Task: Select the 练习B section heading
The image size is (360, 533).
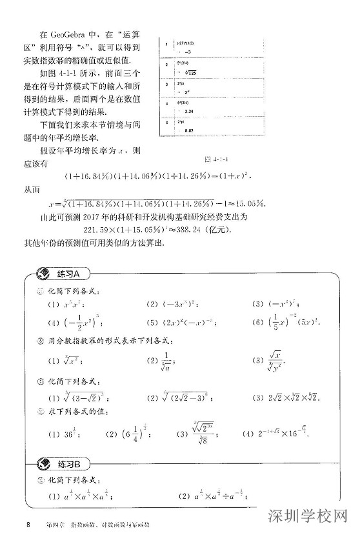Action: pyautogui.click(x=69, y=463)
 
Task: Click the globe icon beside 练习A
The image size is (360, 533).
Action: pyautogui.click(x=45, y=273)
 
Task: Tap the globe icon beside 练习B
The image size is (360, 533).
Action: pyautogui.click(x=45, y=463)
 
